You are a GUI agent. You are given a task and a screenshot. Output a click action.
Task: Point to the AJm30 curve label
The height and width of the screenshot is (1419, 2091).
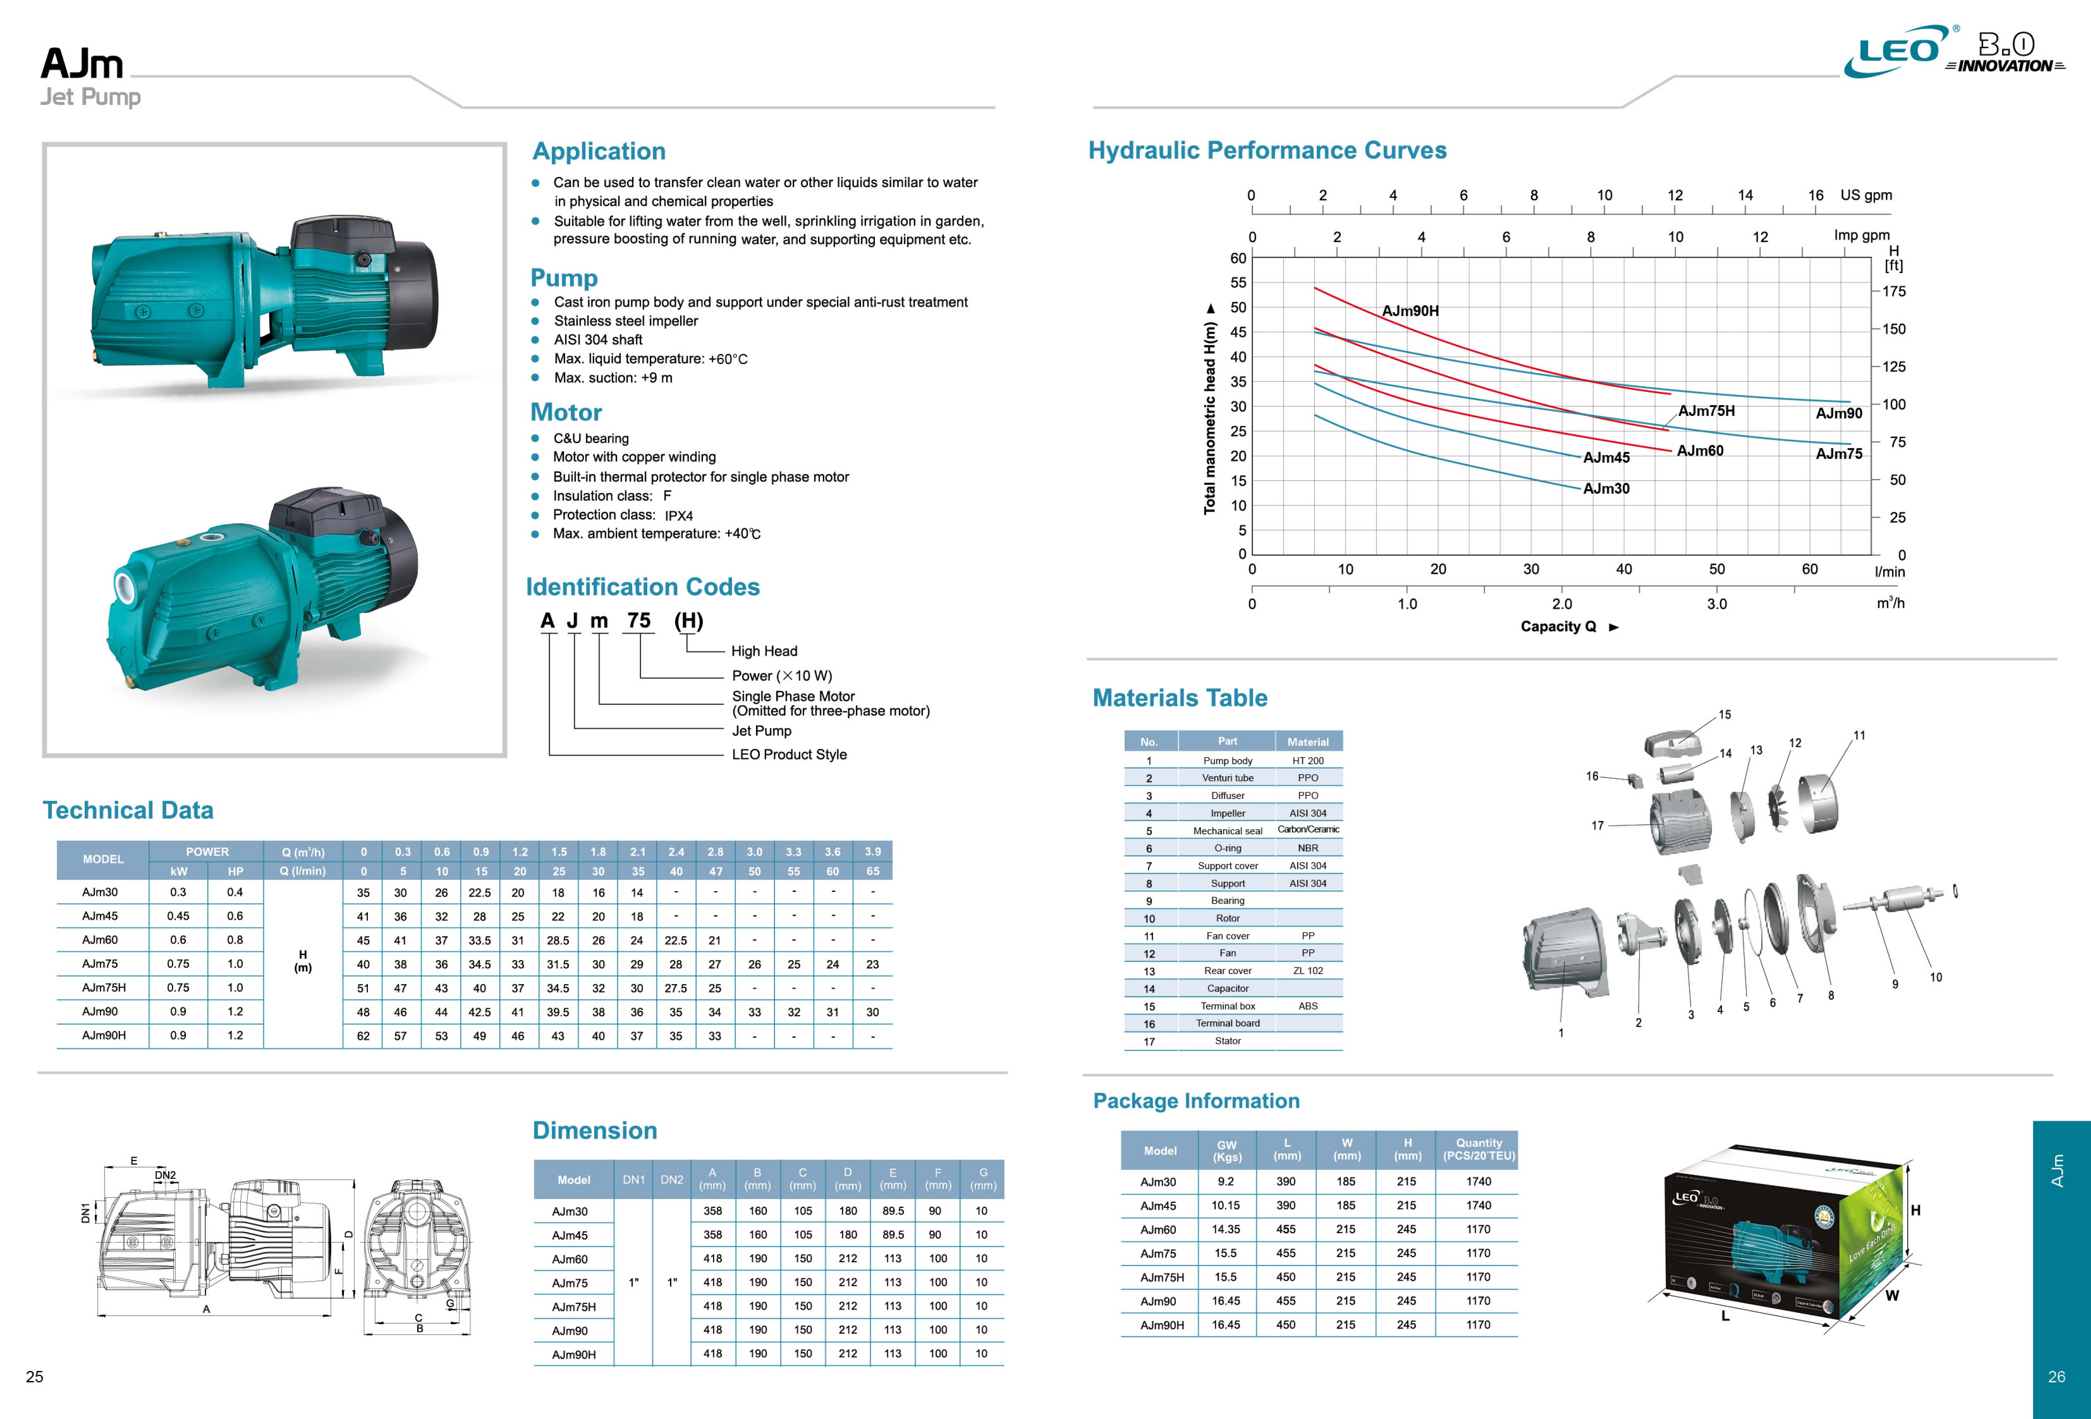coord(1606,489)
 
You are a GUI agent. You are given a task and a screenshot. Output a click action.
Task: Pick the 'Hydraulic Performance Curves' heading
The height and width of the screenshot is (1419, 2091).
coord(1267,150)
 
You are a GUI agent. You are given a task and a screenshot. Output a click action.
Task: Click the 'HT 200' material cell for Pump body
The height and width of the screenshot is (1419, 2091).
coord(1307,760)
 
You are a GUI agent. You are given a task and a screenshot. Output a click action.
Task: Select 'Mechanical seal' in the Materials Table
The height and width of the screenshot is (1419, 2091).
coord(1227,830)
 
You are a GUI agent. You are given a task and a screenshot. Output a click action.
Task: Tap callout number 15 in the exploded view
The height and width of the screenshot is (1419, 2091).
coord(1724,715)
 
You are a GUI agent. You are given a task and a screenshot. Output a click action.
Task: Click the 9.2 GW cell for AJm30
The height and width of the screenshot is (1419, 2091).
coord(1225,1181)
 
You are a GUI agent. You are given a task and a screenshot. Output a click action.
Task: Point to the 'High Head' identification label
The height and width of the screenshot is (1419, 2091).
coord(764,651)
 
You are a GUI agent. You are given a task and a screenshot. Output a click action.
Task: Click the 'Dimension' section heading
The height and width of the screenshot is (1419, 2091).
coord(595,1130)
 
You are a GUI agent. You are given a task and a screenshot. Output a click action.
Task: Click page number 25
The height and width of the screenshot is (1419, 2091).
coord(34,1376)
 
